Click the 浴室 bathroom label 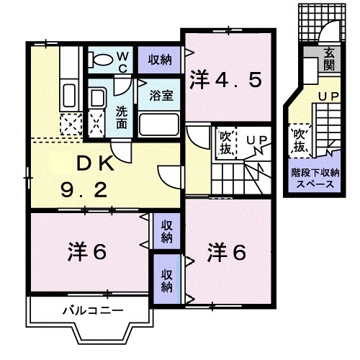tap(159, 95)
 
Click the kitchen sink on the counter tap(71, 94)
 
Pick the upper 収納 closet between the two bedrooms tap(166, 230)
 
